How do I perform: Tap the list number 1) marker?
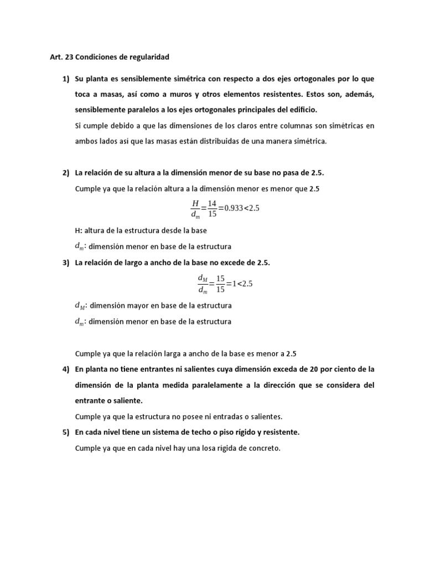[66, 80]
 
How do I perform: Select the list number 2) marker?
[66, 173]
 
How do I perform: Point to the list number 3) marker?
[66, 262]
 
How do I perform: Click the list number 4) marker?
[66, 369]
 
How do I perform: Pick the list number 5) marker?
[66, 432]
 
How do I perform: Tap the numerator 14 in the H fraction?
[212, 203]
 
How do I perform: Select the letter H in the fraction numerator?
[195, 203]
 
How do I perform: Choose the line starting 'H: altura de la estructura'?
[141, 230]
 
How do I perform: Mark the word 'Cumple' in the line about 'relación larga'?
[87, 353]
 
